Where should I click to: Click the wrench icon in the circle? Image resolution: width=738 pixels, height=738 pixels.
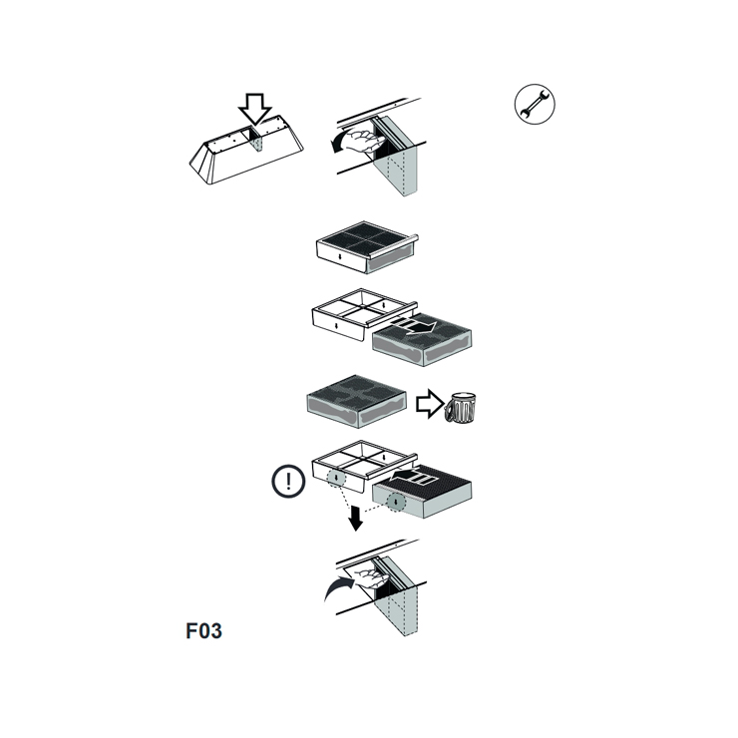click(x=535, y=104)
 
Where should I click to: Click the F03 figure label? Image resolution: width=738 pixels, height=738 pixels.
click(x=203, y=631)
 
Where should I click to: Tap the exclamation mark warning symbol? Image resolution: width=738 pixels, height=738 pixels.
click(x=288, y=481)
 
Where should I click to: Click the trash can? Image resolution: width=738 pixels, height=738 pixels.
click(x=460, y=407)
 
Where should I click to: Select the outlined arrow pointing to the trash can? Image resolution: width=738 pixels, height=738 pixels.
click(x=429, y=404)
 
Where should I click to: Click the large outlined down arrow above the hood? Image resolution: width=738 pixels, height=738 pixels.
click(x=254, y=109)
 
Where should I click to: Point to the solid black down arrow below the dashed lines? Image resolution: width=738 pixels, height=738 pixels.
click(x=356, y=519)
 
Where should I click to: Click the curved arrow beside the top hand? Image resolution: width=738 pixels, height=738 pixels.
click(x=340, y=142)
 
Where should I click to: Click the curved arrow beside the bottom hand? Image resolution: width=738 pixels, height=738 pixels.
click(x=338, y=587)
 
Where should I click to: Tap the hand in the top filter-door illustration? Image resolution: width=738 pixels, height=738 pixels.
click(x=365, y=141)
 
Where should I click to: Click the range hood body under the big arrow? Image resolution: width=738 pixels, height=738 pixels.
click(x=246, y=149)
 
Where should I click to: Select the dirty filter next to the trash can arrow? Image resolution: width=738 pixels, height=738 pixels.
click(x=357, y=402)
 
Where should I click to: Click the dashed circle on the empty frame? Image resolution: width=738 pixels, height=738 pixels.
click(x=336, y=478)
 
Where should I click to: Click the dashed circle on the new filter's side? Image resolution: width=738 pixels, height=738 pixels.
click(x=396, y=502)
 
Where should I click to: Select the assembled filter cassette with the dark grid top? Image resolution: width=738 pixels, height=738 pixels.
click(x=367, y=247)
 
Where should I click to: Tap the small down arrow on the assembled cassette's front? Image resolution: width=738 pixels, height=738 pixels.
click(x=340, y=256)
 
